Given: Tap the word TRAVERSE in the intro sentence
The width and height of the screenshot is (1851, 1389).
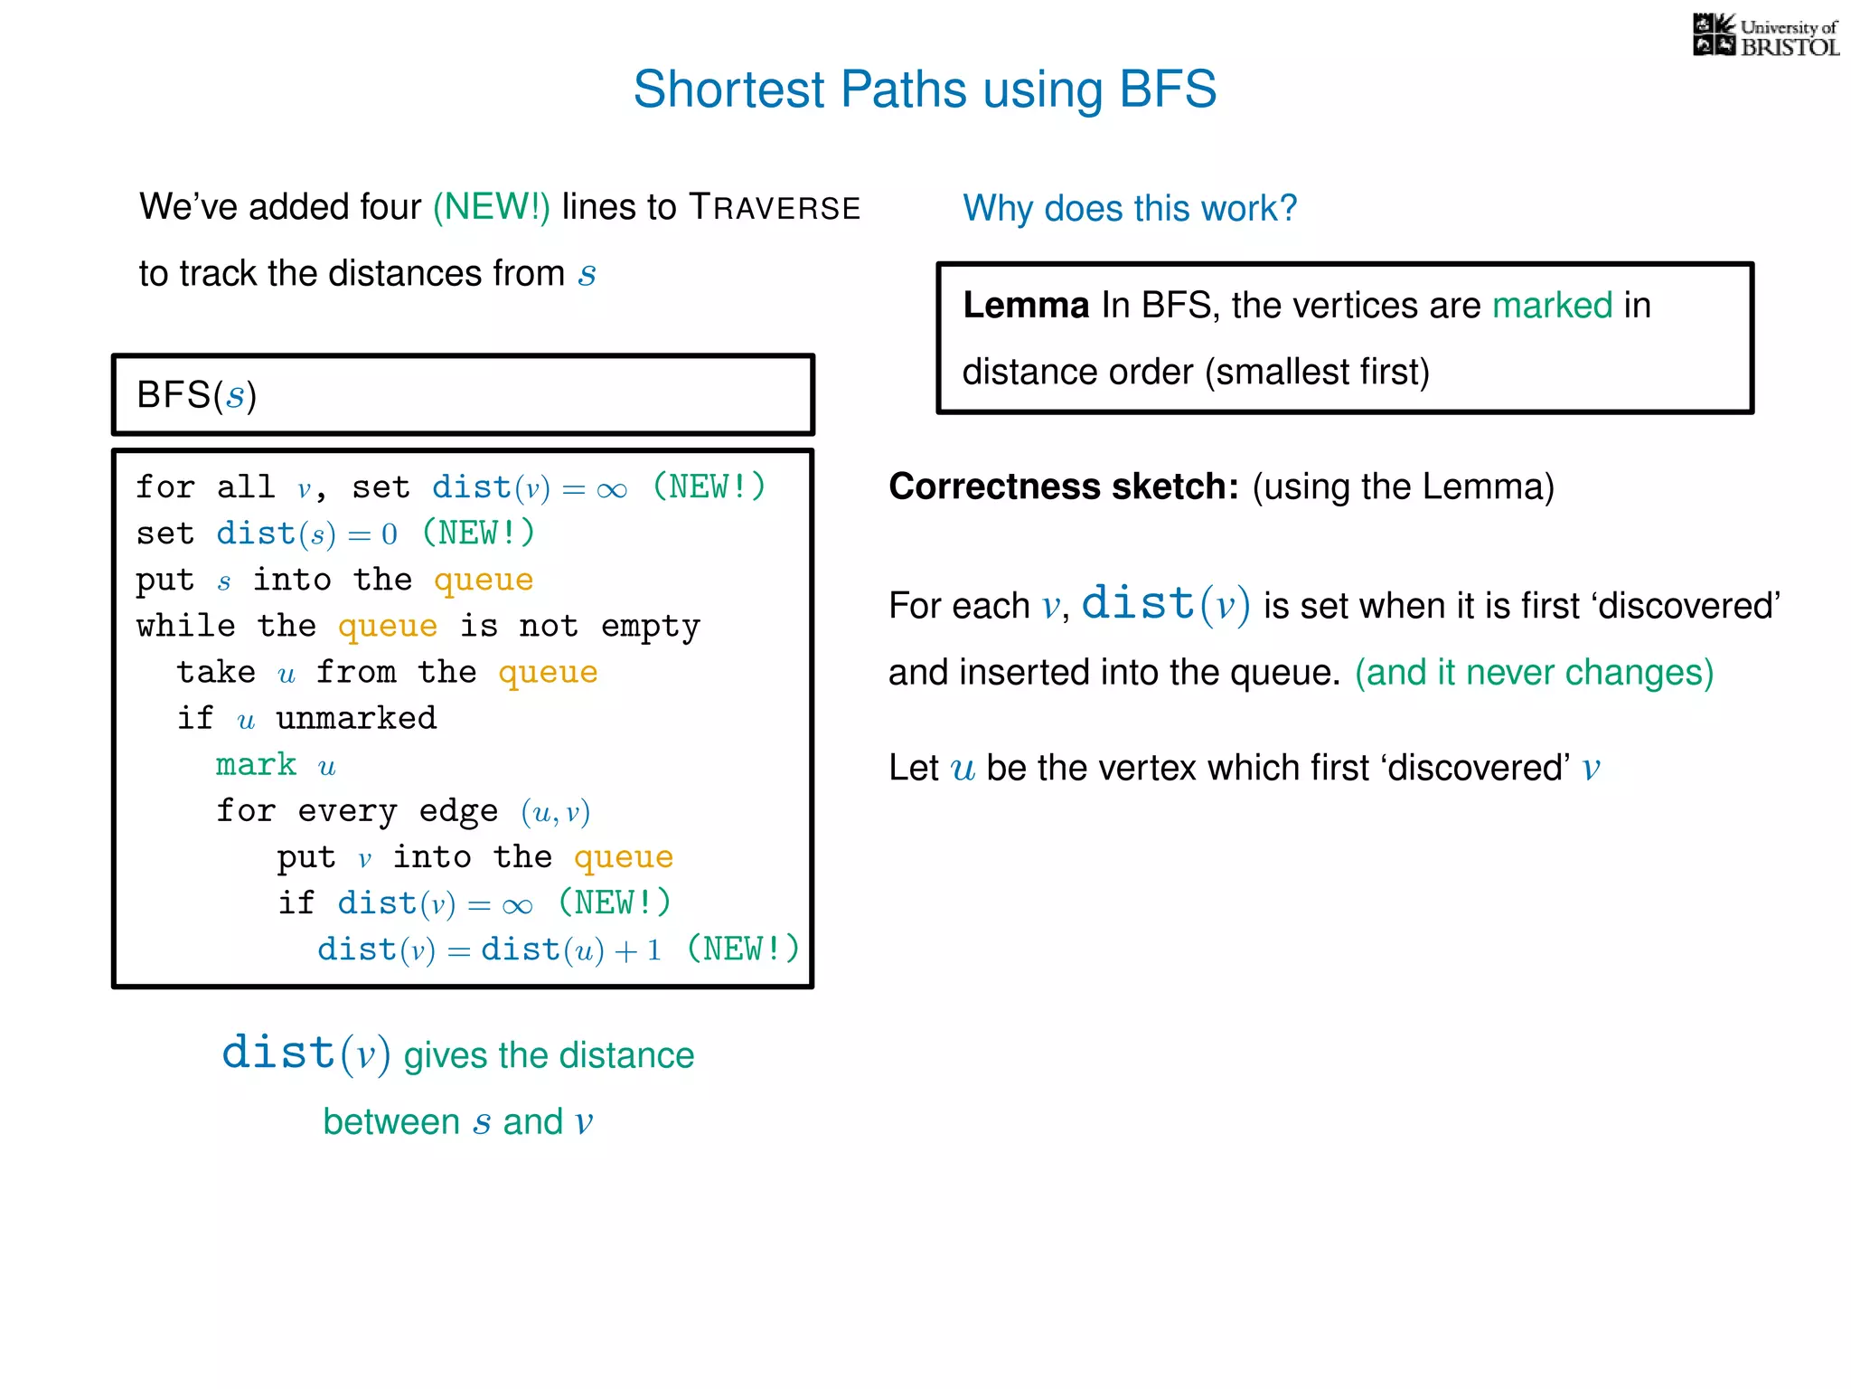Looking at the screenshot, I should (775, 207).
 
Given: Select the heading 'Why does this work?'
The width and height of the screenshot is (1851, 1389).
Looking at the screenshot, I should (1129, 208).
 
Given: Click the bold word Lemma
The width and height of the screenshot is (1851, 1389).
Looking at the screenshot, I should (1025, 306).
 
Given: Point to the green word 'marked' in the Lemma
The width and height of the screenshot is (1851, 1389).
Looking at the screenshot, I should (1551, 306).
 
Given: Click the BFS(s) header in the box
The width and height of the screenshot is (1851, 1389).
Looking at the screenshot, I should (197, 395).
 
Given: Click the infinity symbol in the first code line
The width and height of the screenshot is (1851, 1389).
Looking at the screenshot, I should (612, 490).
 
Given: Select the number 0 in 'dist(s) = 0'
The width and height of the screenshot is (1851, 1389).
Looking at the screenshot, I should (390, 534).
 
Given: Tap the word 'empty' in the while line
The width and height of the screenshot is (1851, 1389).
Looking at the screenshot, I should (650, 627).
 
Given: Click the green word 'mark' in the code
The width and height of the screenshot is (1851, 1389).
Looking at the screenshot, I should (256, 765).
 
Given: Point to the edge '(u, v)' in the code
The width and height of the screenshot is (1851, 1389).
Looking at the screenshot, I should (555, 812).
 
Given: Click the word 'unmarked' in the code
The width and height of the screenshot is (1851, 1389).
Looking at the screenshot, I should (356, 719).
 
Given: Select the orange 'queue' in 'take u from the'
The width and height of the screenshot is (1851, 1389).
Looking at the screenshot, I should (548, 673).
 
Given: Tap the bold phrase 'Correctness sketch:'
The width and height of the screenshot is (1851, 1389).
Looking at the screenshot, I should (1063, 487).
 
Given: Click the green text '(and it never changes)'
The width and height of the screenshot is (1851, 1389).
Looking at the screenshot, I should (1533, 673).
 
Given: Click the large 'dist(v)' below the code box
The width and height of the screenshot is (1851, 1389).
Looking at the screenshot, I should (305, 1054).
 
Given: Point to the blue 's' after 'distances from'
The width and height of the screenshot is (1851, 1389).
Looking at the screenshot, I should (587, 274).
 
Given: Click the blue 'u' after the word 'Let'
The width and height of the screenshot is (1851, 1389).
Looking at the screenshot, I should (963, 769).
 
